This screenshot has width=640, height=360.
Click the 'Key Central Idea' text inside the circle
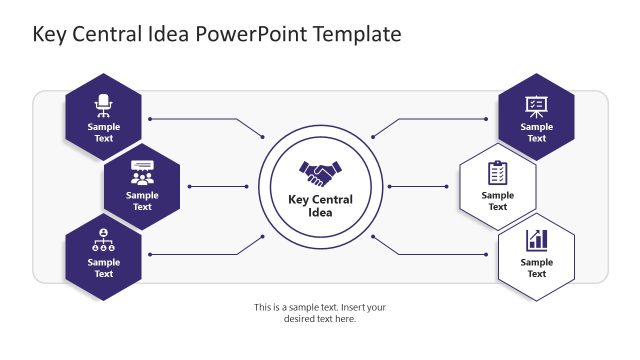(320, 206)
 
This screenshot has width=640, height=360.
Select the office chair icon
(104, 103)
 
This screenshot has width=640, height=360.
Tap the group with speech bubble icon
(142, 172)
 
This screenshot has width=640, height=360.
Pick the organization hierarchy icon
(104, 240)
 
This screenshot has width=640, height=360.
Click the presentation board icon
(536, 104)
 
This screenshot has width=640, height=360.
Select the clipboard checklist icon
(497, 172)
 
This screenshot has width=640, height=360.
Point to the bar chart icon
(536, 240)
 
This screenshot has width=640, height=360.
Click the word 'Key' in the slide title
(51, 34)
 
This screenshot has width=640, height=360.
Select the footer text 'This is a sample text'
(320, 307)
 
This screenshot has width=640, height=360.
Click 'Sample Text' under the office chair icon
(104, 133)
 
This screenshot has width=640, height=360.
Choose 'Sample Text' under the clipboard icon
(497, 201)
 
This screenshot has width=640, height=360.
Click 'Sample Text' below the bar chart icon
(536, 268)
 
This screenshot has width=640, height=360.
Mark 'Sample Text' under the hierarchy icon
(104, 268)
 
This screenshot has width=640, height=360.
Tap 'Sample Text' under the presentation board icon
(536, 133)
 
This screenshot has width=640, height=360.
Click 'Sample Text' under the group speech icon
(142, 201)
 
